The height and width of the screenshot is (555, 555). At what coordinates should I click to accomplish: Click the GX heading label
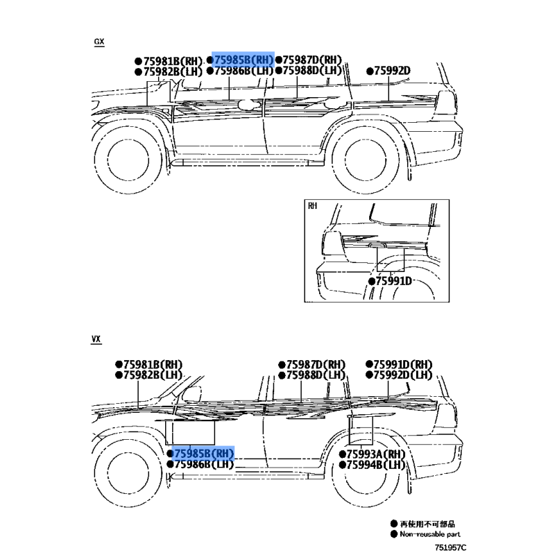coord(99,42)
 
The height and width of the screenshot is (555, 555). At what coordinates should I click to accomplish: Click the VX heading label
coord(96,339)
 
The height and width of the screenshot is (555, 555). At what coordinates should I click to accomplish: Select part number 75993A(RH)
coord(376,454)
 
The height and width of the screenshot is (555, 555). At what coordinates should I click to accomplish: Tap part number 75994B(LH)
coord(376,464)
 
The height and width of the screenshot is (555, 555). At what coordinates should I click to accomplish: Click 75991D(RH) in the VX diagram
coord(402,365)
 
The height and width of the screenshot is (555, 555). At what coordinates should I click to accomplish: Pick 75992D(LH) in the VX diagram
coord(402,375)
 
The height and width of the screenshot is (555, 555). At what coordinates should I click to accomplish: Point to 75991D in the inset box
coord(393,281)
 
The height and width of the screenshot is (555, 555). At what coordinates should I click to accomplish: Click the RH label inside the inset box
coord(312,205)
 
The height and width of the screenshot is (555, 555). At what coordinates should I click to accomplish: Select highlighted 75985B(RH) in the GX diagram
coord(244,60)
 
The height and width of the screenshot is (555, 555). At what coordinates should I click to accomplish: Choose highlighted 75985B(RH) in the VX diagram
coord(204,454)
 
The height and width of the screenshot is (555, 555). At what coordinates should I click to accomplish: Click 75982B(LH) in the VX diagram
coord(152,375)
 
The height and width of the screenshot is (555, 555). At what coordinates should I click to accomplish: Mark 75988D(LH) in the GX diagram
coord(313,71)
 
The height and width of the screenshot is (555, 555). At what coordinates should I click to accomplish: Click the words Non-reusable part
coord(429,534)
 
